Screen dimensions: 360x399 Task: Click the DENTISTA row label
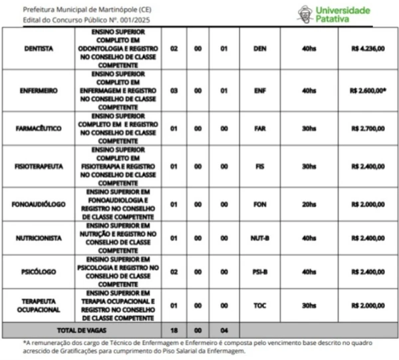point(39,49)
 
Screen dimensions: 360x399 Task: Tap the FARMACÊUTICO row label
point(39,128)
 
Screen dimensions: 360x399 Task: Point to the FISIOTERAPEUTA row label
point(39,166)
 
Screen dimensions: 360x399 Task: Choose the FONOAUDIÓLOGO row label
point(39,204)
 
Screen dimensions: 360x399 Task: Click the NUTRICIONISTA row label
point(39,238)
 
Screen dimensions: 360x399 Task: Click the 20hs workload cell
point(309,204)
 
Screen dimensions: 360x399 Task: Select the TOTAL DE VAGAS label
point(80,329)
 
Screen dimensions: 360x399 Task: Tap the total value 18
point(174,329)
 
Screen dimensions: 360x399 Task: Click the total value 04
point(224,329)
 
